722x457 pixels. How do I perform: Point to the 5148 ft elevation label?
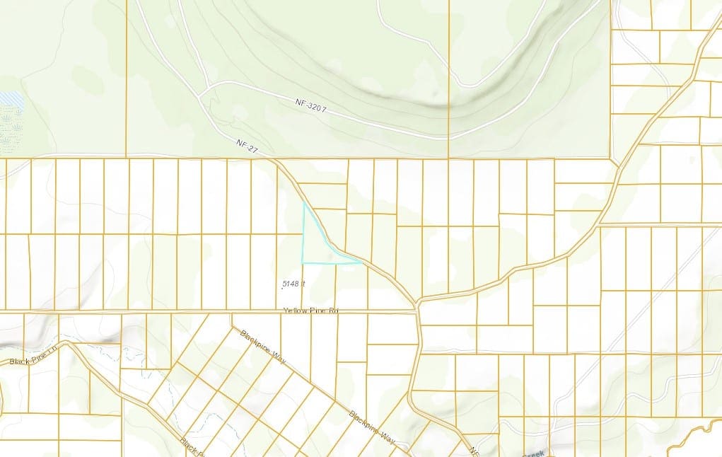pyautogui.click(x=293, y=284)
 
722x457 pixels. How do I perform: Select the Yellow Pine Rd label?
pyautogui.click(x=311, y=311)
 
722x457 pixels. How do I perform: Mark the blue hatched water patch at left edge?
pyautogui.click(x=11, y=102)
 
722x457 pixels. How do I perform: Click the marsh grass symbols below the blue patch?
pyautogui.click(x=11, y=131)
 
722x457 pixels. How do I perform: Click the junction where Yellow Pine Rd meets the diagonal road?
pyautogui.click(x=418, y=305)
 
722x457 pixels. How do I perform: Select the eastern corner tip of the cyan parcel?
pyautogui.click(x=361, y=262)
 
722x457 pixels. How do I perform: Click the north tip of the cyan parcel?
pyautogui.click(x=304, y=203)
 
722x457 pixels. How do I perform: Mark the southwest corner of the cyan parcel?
pyautogui.click(x=303, y=262)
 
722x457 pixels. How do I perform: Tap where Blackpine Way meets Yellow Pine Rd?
pyautogui.click(x=232, y=313)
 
